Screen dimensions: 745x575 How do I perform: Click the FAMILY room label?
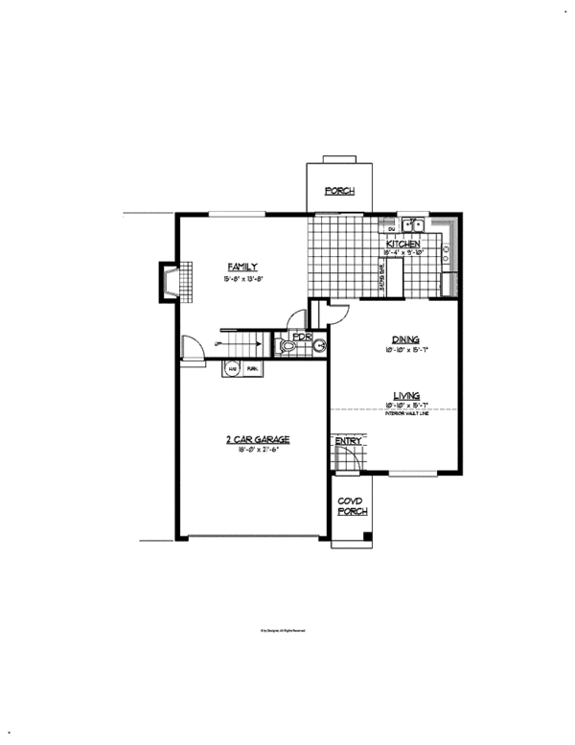[x=241, y=266]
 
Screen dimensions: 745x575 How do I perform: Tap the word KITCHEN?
[x=403, y=244]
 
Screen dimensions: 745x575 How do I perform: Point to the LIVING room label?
[x=407, y=394]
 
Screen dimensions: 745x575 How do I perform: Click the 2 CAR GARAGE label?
[x=258, y=439]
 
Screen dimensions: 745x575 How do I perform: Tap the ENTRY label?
[x=347, y=441]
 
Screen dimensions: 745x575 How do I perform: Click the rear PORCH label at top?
[x=339, y=191]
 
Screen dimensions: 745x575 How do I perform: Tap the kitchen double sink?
[x=413, y=225]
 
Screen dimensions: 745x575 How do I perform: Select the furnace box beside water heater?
[x=253, y=368]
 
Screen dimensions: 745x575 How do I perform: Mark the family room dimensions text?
[x=241, y=279]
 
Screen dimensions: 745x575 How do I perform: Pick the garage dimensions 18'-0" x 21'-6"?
[x=258, y=451]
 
